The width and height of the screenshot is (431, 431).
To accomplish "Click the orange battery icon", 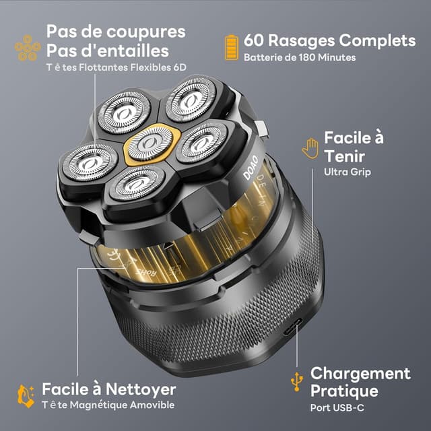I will (x=232, y=48).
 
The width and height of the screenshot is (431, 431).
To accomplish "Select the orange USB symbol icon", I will (x=296, y=380).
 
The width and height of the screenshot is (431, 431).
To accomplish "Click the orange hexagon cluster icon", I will (x=26, y=48).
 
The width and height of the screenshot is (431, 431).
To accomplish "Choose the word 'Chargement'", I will (x=360, y=374).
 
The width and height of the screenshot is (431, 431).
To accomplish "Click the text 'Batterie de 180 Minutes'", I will (x=300, y=58).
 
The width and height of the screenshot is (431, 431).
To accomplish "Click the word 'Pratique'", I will (x=344, y=391).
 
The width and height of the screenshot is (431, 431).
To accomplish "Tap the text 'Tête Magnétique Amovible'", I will (x=108, y=405).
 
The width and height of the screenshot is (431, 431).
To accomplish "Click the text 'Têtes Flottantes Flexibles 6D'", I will (x=116, y=67).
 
